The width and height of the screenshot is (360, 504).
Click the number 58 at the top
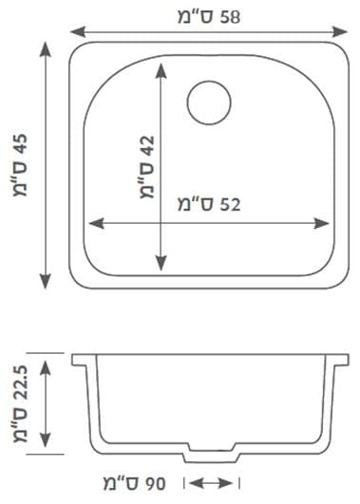click(x=230, y=17)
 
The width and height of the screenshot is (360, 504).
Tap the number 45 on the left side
click(x=21, y=145)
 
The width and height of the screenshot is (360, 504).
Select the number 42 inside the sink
click(x=147, y=146)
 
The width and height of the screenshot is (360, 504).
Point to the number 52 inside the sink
click(x=230, y=204)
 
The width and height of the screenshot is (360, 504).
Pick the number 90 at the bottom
click(x=155, y=484)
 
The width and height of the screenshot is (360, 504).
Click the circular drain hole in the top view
click(x=209, y=103)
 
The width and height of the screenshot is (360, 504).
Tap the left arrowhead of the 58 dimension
click(x=78, y=32)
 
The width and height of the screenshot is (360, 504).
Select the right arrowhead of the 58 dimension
click(x=340, y=32)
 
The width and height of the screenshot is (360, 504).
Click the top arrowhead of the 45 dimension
click(x=46, y=49)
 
